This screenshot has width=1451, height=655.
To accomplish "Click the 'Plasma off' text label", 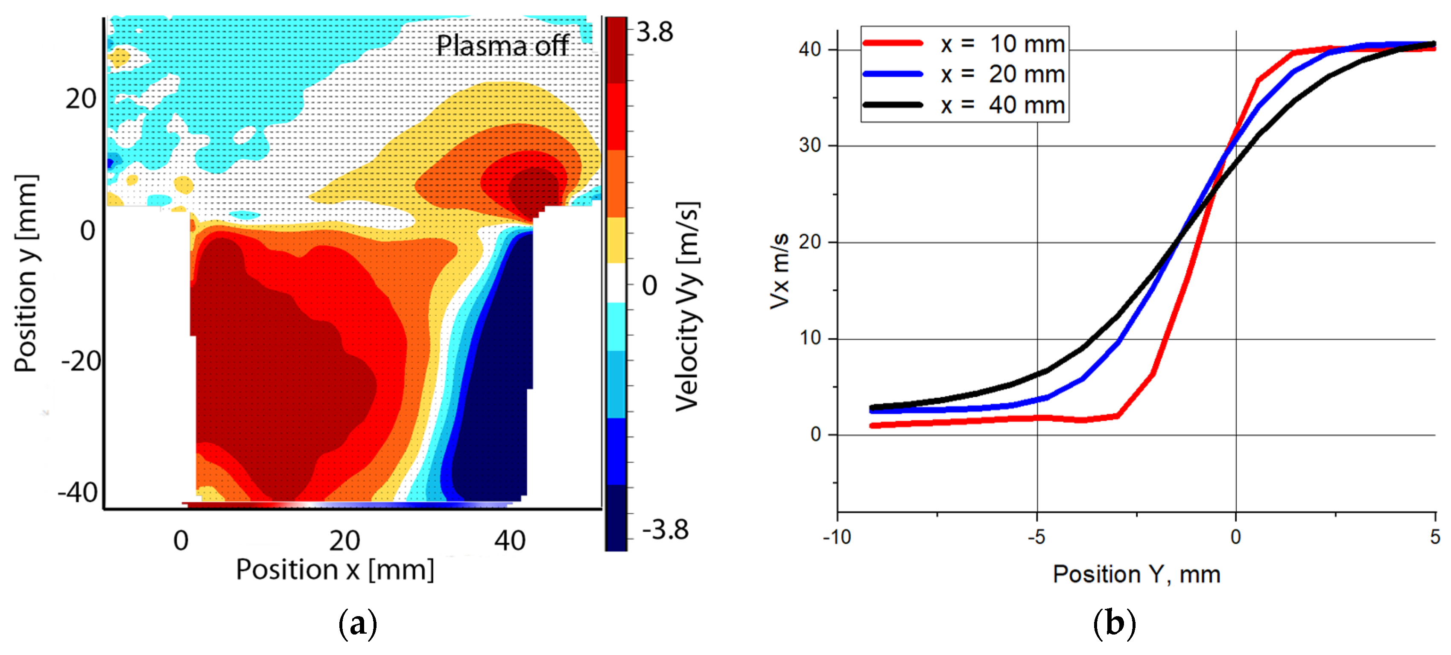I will click(502, 46).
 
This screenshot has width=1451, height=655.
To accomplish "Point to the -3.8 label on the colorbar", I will click(665, 530).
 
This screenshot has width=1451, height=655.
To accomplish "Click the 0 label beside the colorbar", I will click(649, 285).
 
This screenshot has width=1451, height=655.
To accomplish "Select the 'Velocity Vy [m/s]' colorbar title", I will click(688, 306).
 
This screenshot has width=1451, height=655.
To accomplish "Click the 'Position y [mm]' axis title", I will click(26, 273).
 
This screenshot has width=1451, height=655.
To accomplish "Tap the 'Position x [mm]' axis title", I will click(335, 570).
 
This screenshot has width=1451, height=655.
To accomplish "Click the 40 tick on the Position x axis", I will click(510, 541).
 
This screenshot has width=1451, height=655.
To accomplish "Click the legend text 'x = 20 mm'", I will click(1003, 74).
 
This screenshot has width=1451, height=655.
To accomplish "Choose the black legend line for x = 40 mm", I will click(893, 105).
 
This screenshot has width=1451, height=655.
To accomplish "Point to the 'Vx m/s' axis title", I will click(780, 272).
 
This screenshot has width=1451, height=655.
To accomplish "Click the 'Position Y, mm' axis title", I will click(1137, 574).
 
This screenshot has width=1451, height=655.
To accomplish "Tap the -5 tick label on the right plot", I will click(1036, 537).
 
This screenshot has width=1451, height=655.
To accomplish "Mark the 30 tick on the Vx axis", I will click(809, 146).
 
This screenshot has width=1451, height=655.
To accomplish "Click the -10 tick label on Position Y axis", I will click(837, 537).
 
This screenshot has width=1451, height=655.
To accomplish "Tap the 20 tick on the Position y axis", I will click(81, 99).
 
